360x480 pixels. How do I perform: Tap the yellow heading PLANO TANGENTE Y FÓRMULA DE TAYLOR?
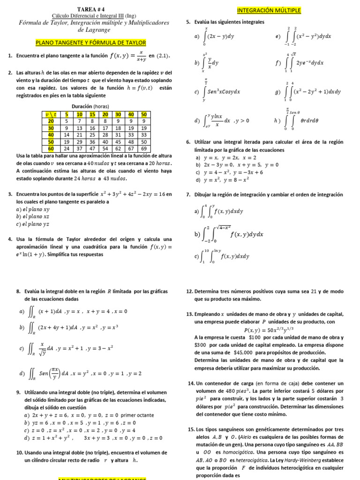(91, 43)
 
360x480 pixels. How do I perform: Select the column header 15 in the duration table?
(92, 114)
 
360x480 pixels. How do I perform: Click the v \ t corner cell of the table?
(51, 114)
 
